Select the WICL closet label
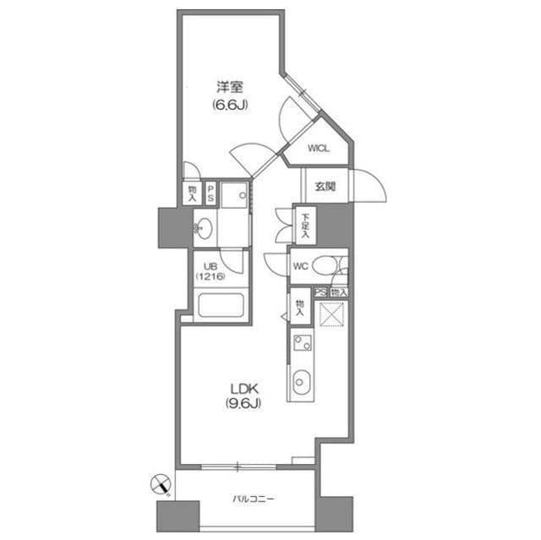(318, 149)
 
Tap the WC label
(300, 265)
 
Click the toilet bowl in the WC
(325, 265)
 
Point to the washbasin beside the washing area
(203, 226)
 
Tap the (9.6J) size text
(242, 403)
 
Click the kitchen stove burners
(303, 343)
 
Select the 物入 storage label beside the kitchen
(299, 305)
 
